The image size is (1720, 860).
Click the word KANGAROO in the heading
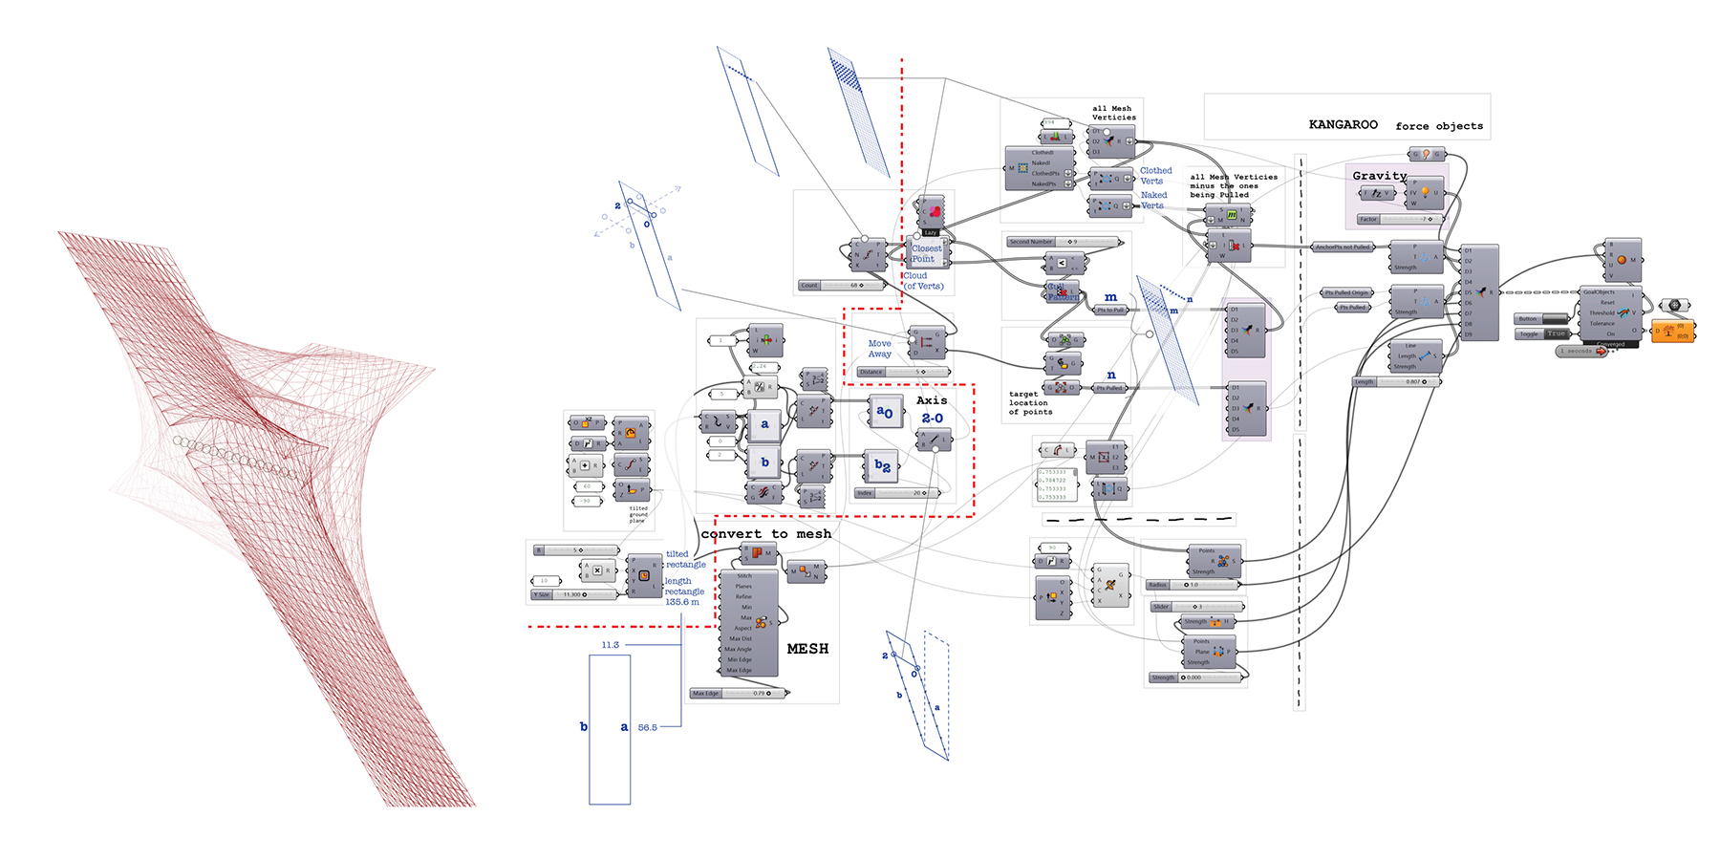coord(1343,125)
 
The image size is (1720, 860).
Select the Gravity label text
coord(1379,176)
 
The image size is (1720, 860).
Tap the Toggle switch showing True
coord(1542,333)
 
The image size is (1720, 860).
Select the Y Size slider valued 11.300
coord(573,594)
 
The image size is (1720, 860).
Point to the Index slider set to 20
coord(897,493)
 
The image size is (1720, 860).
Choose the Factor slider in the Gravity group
coord(1400,220)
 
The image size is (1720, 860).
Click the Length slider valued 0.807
coord(1396,382)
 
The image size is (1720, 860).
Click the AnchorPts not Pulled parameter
coord(1343,247)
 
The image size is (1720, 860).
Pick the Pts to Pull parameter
coord(1110,311)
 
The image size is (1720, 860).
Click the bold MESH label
coord(807,649)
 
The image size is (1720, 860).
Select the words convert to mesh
coord(766,534)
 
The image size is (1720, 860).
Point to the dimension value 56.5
coord(647,728)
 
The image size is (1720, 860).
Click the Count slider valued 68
coord(841,286)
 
